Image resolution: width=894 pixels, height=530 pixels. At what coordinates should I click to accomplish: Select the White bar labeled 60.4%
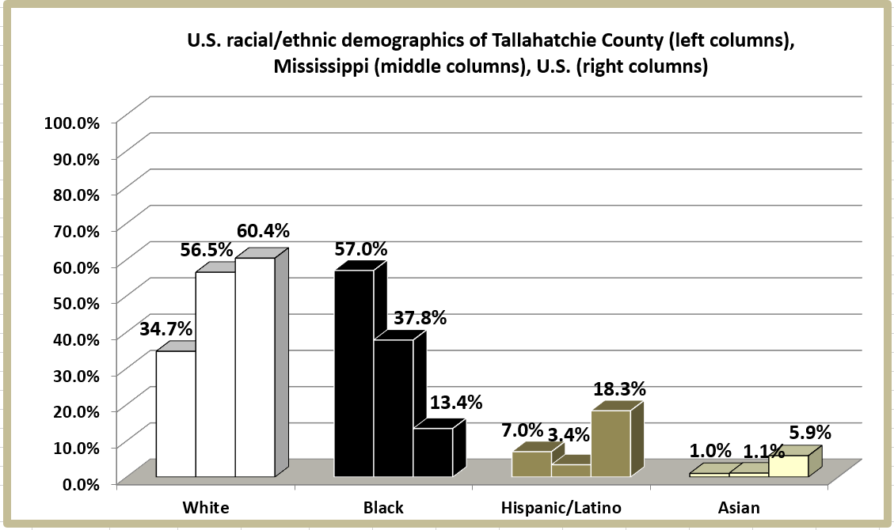click(255, 367)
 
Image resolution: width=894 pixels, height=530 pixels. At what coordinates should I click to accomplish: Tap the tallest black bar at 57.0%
click(354, 373)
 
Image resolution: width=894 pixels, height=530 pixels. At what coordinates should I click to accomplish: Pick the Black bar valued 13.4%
click(433, 452)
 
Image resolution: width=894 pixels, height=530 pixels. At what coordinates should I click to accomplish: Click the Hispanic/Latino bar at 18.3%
click(611, 443)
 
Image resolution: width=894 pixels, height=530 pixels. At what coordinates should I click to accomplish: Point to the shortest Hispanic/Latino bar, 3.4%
click(571, 471)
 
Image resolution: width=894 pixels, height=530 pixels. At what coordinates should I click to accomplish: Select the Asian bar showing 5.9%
click(788, 466)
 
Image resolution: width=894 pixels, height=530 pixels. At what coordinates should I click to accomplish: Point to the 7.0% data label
click(522, 431)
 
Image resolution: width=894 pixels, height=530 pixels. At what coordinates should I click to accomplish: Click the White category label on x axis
click(206, 508)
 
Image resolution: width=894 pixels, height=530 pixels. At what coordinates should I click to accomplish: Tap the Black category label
click(382, 508)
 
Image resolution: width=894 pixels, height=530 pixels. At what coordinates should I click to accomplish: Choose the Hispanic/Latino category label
click(561, 508)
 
